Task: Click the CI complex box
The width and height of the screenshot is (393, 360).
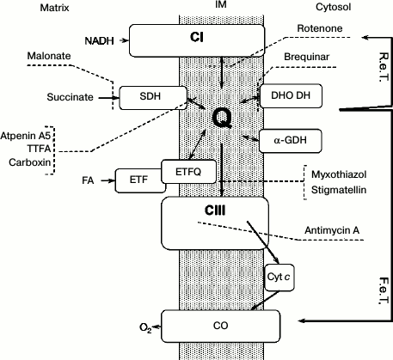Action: (x=195, y=38)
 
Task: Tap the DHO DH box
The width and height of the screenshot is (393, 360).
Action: (x=291, y=97)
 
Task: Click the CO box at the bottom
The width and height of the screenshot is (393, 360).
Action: (x=221, y=326)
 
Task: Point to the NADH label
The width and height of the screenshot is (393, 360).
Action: (x=99, y=40)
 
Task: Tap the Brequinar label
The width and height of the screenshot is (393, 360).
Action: (x=305, y=56)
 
